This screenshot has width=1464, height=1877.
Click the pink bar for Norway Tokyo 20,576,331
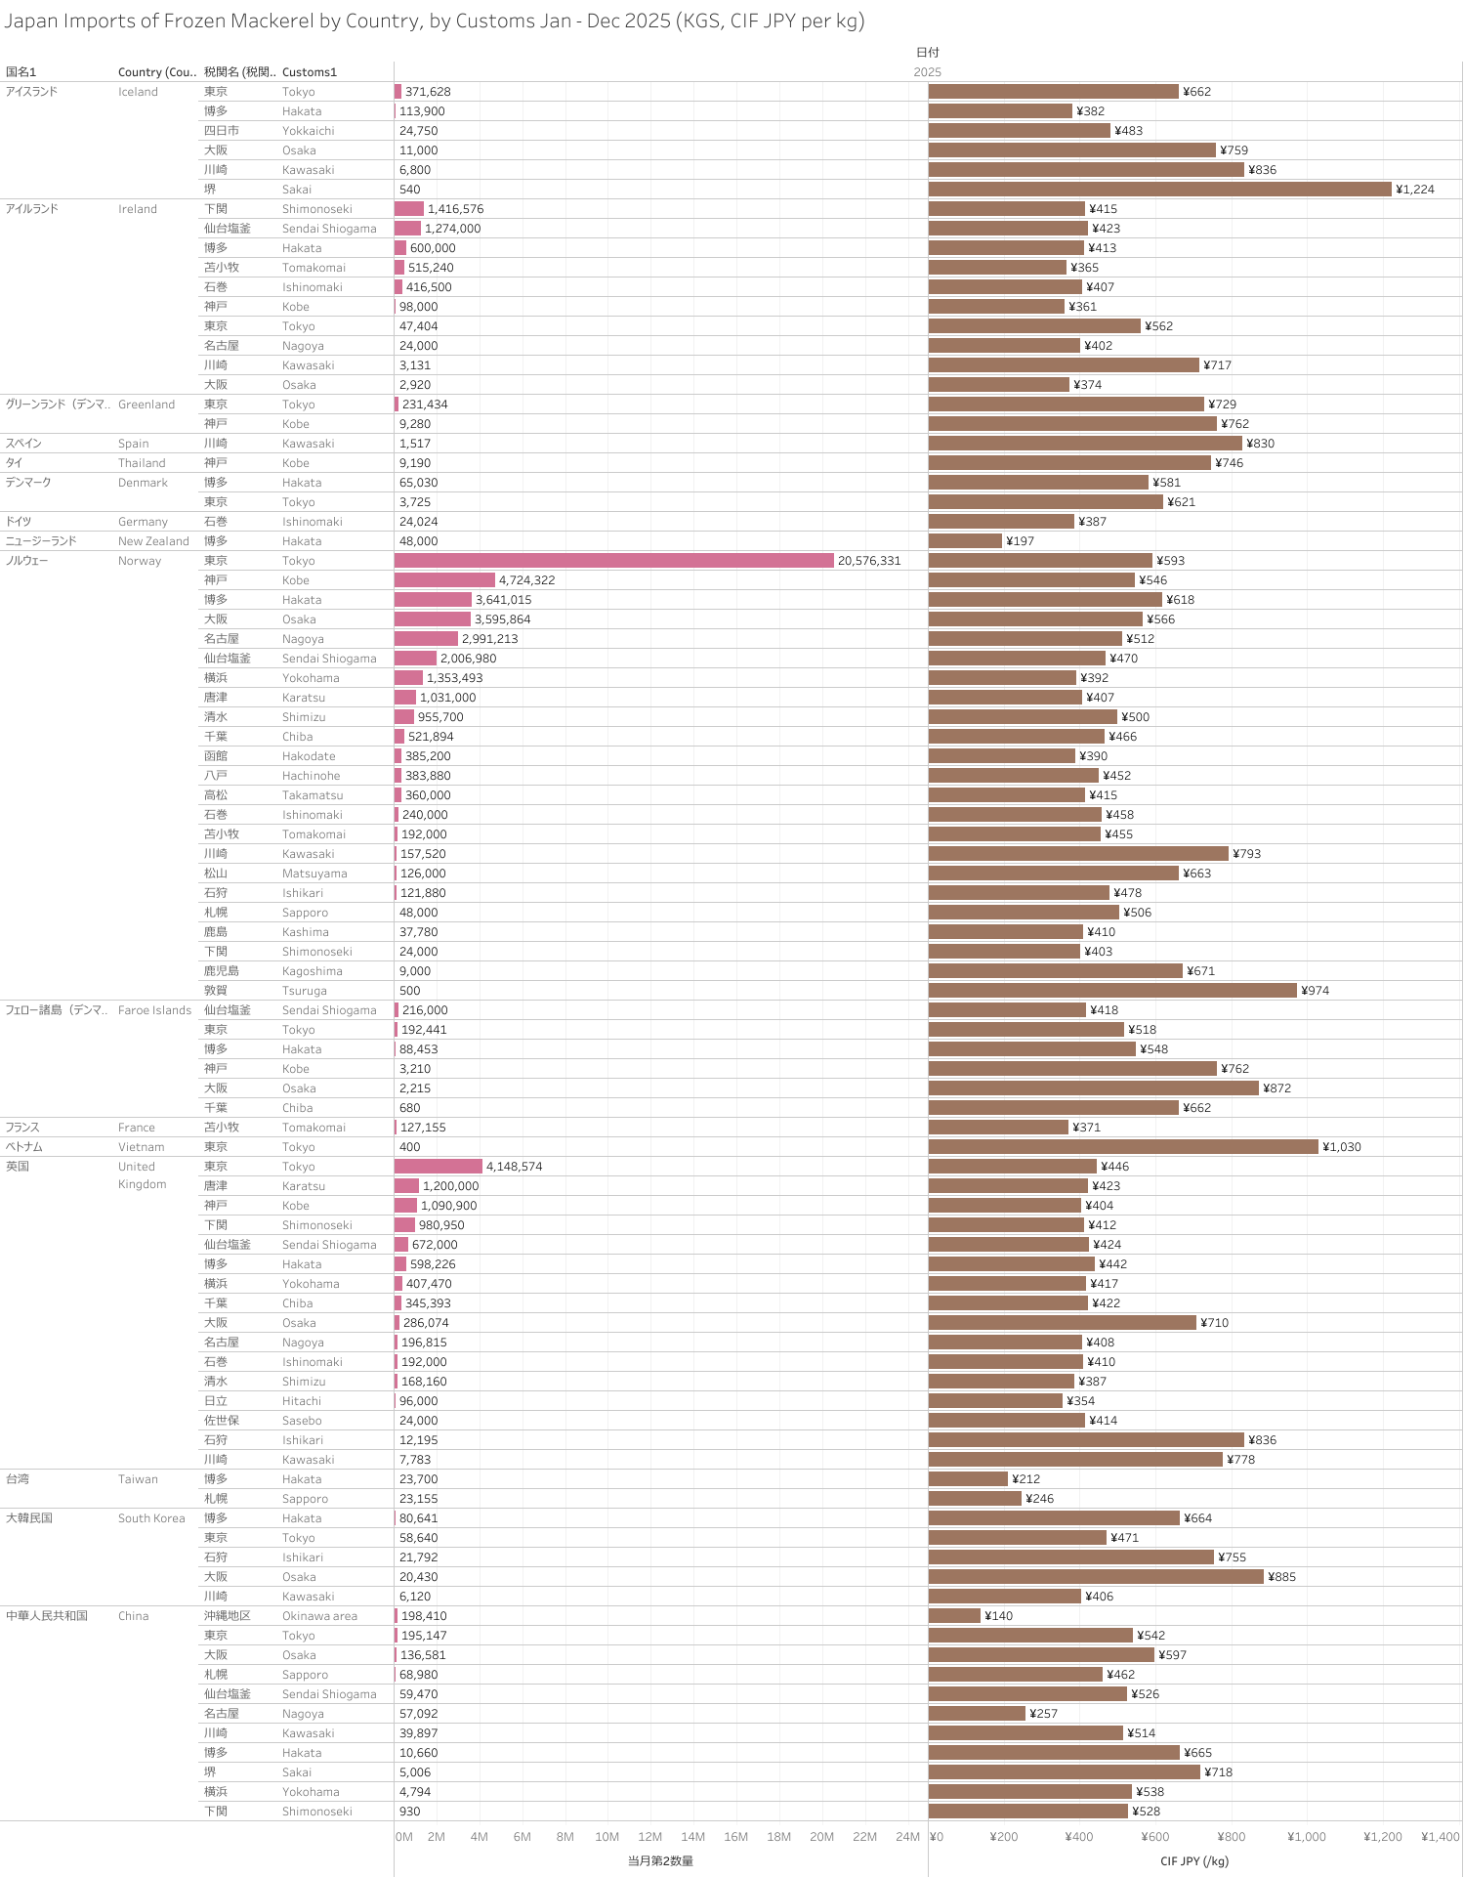(x=613, y=561)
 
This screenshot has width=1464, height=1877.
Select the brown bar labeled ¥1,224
(x=1159, y=190)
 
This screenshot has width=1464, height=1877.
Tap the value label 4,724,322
(x=526, y=580)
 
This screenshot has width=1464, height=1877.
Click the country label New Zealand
(x=153, y=541)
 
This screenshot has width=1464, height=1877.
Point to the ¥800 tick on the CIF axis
(x=1231, y=1837)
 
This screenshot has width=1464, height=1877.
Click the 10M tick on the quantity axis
(x=607, y=1837)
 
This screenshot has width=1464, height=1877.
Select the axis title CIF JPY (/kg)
(x=1193, y=1861)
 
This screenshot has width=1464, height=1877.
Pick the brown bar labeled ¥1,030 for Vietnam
(x=1123, y=1147)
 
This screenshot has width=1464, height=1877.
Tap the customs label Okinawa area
(x=319, y=1616)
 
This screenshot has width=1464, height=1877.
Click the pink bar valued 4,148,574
(x=439, y=1167)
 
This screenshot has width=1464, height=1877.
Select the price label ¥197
(x=1020, y=541)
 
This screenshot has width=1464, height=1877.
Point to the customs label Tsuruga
(x=305, y=991)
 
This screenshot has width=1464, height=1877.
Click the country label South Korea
(x=151, y=1518)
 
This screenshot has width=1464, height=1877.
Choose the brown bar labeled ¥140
(x=954, y=1616)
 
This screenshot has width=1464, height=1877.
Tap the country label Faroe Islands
(x=154, y=1010)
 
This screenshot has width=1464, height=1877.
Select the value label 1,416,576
(x=455, y=209)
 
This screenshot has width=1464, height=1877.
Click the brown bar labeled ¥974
(x=1112, y=991)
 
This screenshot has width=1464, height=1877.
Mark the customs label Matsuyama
(x=314, y=874)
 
